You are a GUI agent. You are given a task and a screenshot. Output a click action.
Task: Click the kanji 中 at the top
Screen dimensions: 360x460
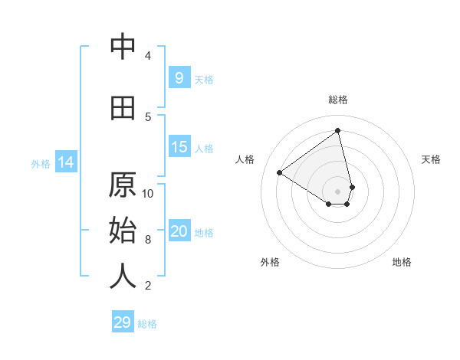point(123,47)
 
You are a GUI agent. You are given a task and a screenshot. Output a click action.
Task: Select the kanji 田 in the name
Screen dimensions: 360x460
point(123,108)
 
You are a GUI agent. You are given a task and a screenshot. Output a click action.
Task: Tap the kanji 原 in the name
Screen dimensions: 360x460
point(123,185)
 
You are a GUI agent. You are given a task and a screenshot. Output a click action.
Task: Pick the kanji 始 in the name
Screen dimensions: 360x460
point(123,231)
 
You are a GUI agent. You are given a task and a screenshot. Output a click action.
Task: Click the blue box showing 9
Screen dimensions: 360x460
point(179,77)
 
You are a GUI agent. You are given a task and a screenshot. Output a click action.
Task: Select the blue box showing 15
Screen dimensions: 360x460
point(179,147)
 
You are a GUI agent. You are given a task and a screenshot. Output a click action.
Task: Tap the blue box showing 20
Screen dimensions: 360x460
point(179,231)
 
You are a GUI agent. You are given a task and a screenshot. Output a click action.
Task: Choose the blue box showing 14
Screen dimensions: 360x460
point(66,162)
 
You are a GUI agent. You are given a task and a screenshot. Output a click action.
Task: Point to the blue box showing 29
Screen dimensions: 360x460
point(123,322)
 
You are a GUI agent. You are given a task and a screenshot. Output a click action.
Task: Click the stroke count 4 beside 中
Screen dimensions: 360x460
point(148,56)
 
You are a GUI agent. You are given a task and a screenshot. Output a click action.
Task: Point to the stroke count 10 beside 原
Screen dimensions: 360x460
point(148,193)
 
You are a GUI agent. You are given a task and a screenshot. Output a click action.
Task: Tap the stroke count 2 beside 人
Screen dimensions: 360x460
point(148,286)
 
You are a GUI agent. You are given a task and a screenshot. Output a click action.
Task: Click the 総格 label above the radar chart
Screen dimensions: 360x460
point(338,100)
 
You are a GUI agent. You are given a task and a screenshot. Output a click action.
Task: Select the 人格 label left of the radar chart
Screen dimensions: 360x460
point(245,159)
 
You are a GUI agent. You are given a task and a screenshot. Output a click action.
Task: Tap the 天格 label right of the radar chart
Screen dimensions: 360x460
point(432,159)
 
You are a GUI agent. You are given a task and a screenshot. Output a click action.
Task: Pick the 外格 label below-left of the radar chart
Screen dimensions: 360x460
point(270,262)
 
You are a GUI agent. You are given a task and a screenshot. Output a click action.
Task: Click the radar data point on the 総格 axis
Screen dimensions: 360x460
point(338,131)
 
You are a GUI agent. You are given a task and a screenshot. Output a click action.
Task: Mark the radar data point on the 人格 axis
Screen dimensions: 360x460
point(280,172)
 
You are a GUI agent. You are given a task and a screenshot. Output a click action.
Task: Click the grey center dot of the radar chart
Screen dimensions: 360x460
point(338,191)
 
